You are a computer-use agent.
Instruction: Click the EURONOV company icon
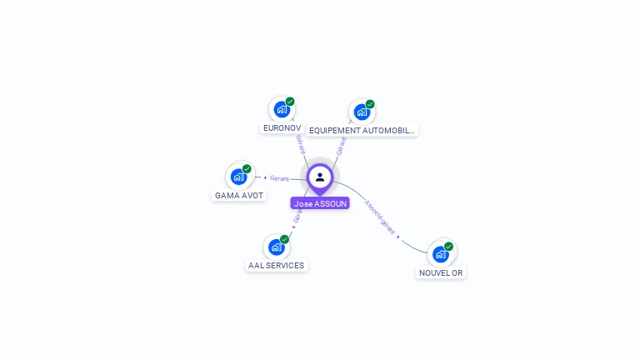click(x=282, y=109)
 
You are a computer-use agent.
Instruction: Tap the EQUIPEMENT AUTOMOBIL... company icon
click(x=361, y=111)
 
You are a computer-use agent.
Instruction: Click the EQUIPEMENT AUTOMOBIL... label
click(x=362, y=131)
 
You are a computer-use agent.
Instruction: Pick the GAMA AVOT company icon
click(x=239, y=176)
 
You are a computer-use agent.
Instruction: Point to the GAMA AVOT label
click(x=239, y=196)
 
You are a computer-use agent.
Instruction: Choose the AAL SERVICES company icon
click(x=277, y=247)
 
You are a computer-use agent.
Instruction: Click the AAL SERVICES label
click(x=277, y=266)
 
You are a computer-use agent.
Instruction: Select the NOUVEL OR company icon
click(x=441, y=253)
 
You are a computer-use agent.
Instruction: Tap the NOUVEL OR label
click(x=441, y=273)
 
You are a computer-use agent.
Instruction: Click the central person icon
click(x=320, y=177)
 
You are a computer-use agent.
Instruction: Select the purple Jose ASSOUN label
click(x=320, y=203)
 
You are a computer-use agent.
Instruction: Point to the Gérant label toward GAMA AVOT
click(x=278, y=178)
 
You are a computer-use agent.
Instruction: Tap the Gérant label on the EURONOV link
click(x=300, y=144)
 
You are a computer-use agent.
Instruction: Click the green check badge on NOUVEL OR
click(x=449, y=246)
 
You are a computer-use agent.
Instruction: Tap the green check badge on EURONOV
click(x=290, y=102)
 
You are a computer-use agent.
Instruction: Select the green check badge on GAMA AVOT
click(x=247, y=168)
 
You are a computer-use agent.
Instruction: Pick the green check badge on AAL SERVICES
click(x=284, y=239)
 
